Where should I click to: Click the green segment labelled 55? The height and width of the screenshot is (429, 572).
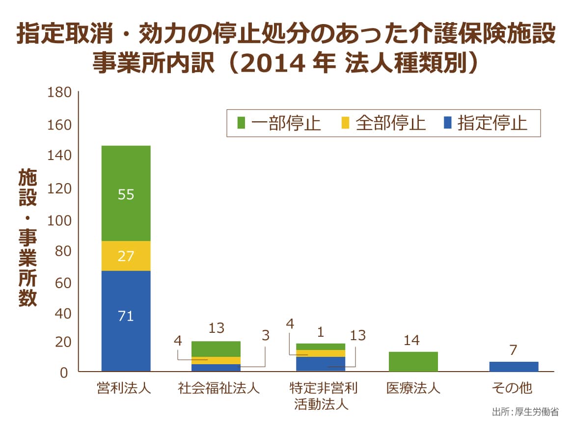(126, 193)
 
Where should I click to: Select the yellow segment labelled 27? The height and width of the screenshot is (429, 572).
(126, 256)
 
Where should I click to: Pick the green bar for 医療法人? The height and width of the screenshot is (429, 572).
(413, 361)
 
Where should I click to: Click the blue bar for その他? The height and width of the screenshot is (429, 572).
(514, 366)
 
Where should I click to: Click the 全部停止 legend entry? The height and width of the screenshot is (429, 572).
(383, 123)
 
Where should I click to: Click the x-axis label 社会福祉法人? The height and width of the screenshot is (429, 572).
(218, 389)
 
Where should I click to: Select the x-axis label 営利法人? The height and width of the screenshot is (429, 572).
(125, 389)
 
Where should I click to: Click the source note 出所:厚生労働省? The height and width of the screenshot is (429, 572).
(525, 412)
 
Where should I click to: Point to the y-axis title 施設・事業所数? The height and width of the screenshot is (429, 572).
(28, 238)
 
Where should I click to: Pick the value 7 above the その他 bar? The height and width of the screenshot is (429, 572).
(513, 350)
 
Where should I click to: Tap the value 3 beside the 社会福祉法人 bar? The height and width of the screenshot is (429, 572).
(266, 336)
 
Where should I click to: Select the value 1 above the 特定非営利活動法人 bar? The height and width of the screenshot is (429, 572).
(321, 332)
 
